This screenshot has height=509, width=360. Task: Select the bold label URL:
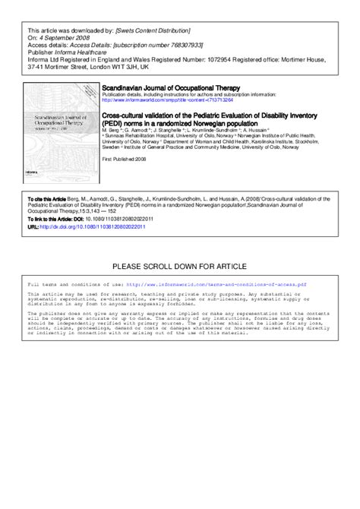coord(32,226)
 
